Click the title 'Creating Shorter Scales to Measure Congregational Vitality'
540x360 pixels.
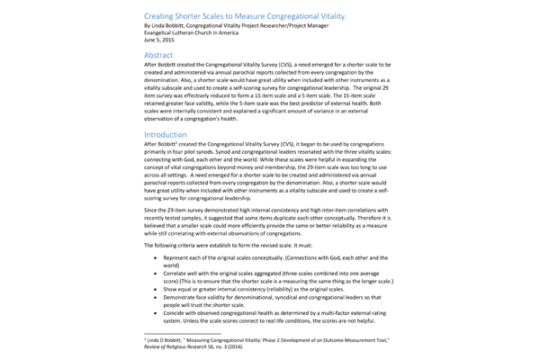(x=244, y=15)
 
